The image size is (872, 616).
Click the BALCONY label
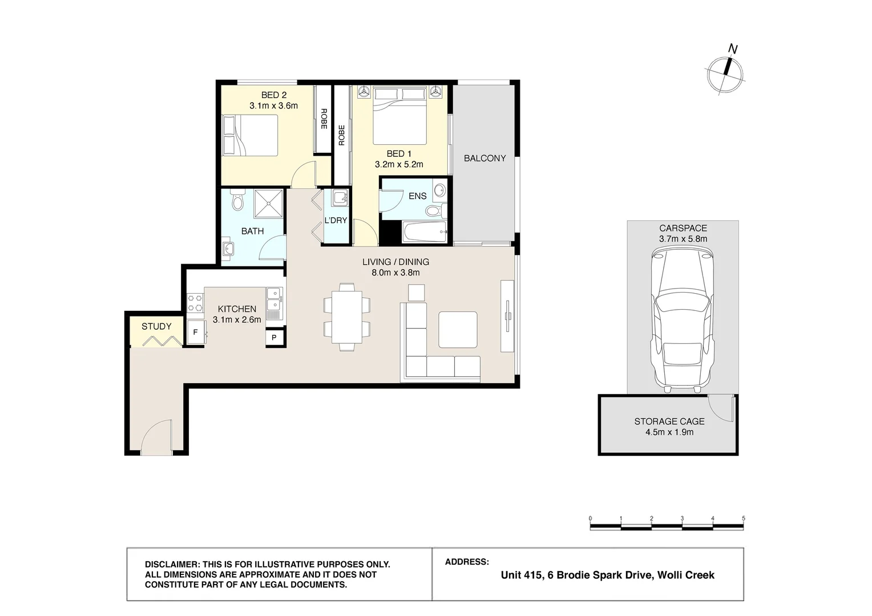485,159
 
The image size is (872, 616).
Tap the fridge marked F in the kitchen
196,332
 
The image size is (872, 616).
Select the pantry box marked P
274,338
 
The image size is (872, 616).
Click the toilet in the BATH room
237,200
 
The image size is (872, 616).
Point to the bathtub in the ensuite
425,232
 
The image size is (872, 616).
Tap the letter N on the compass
733,50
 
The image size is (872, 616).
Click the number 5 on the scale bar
743,518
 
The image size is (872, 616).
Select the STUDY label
156,326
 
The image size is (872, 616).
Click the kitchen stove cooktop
195,303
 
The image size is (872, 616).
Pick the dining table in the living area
347,317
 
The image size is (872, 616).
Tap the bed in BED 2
250,135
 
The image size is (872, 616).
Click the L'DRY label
336,221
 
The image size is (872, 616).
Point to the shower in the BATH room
268,204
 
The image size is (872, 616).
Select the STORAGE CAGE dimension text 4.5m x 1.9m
669,432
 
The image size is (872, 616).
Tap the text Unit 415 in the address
521,575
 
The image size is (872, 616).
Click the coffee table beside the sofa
458,330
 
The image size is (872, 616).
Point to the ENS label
417,196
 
